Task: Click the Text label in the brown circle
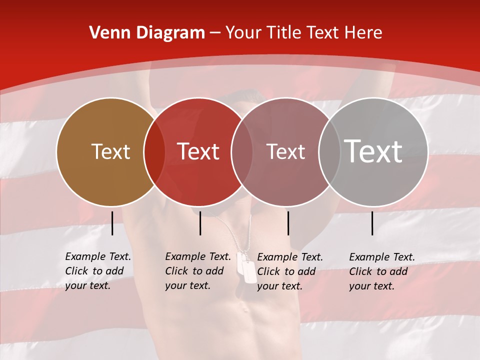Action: (110, 151)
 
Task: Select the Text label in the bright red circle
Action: (198, 151)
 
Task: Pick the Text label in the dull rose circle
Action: (286, 151)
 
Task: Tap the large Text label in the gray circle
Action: (373, 151)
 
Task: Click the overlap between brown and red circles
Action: (154, 152)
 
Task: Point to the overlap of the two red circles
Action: (242, 152)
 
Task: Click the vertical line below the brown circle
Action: (112, 223)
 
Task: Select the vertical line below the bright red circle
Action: (200, 223)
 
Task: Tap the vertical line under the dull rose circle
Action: (288, 223)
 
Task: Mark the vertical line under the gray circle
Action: (372, 223)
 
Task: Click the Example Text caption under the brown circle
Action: (98, 271)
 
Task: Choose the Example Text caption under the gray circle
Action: (382, 271)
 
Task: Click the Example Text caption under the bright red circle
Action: (198, 271)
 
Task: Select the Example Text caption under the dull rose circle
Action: (290, 271)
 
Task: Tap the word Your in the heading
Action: (243, 33)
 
